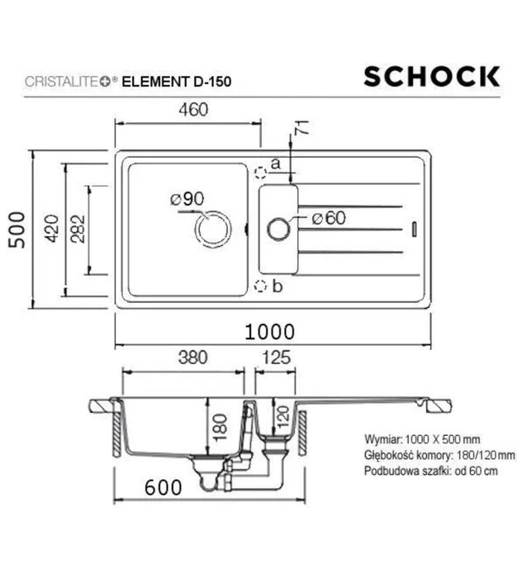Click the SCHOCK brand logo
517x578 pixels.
(432, 77)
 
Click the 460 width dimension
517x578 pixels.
(189, 109)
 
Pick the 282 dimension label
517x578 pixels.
(78, 232)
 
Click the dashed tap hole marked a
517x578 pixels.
(261, 172)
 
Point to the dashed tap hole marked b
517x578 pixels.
(261, 287)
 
